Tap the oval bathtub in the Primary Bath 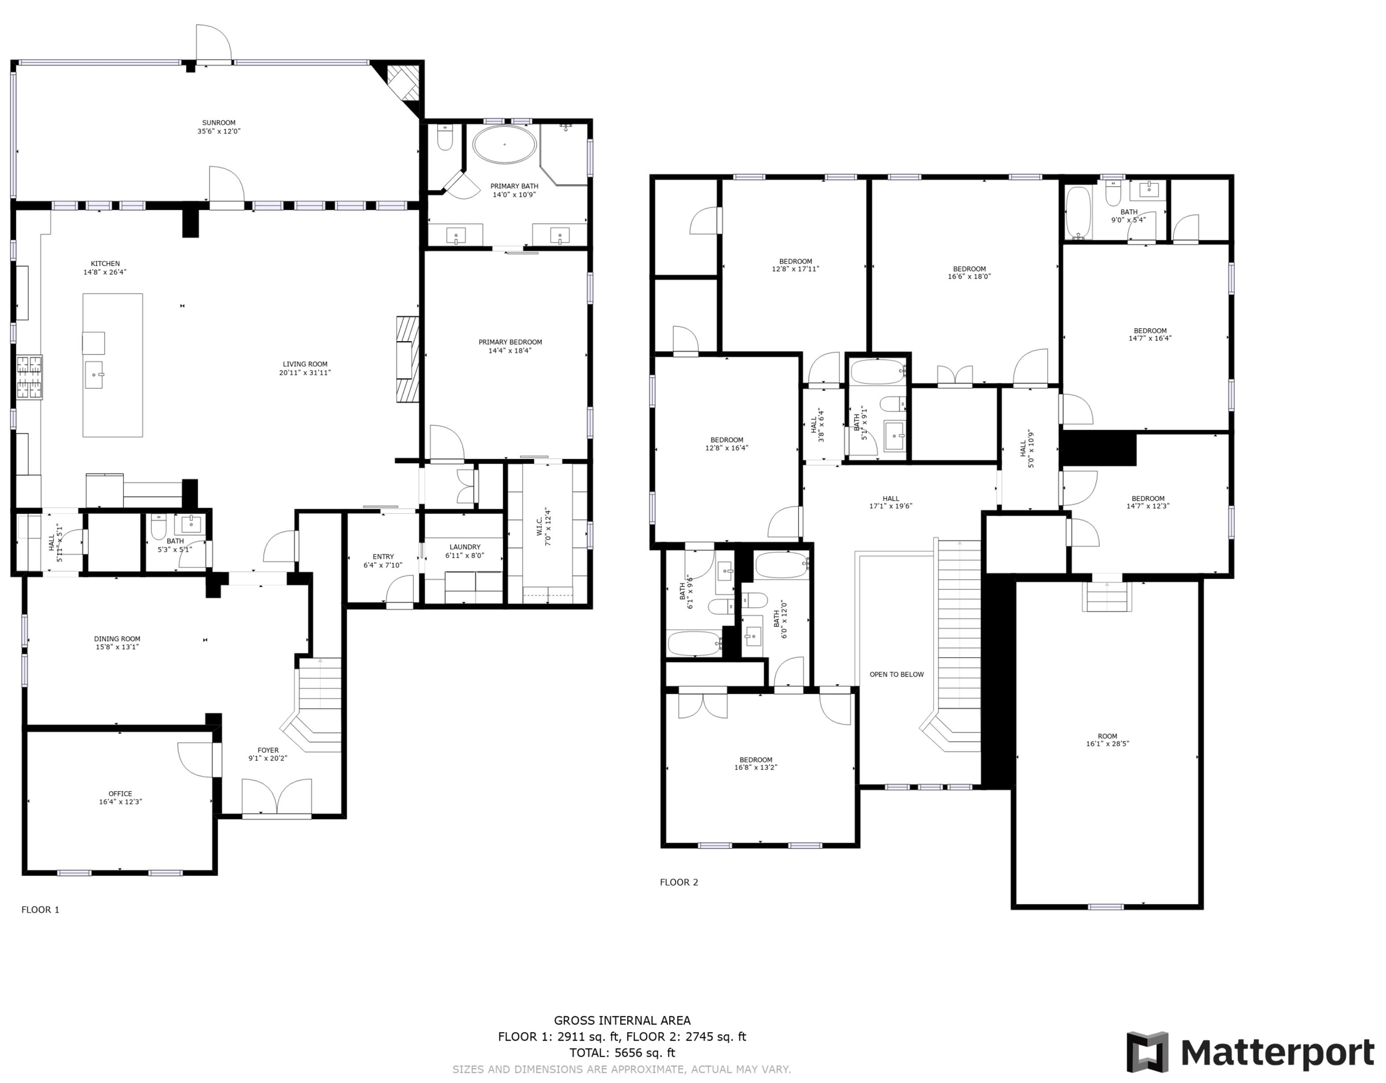coord(505,145)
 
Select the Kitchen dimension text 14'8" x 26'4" coord(105,272)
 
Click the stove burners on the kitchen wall coord(29,377)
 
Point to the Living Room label coord(305,364)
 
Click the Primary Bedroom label coord(510,343)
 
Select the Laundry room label coord(465,547)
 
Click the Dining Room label coord(118,639)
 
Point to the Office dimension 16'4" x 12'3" coord(120,802)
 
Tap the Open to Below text coord(897,675)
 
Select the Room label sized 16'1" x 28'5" coord(1108,737)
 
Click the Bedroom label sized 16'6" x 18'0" coord(969,269)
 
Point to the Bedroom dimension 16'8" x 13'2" coord(756,768)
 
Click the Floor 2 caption coord(679,882)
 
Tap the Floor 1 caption coord(40,910)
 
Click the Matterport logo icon coord(1148,1052)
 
